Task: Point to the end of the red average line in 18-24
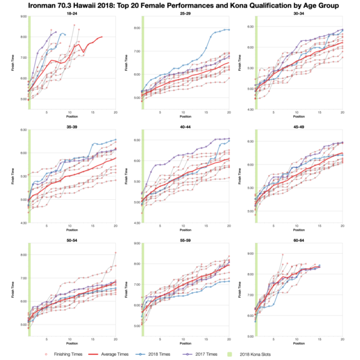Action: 102,37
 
